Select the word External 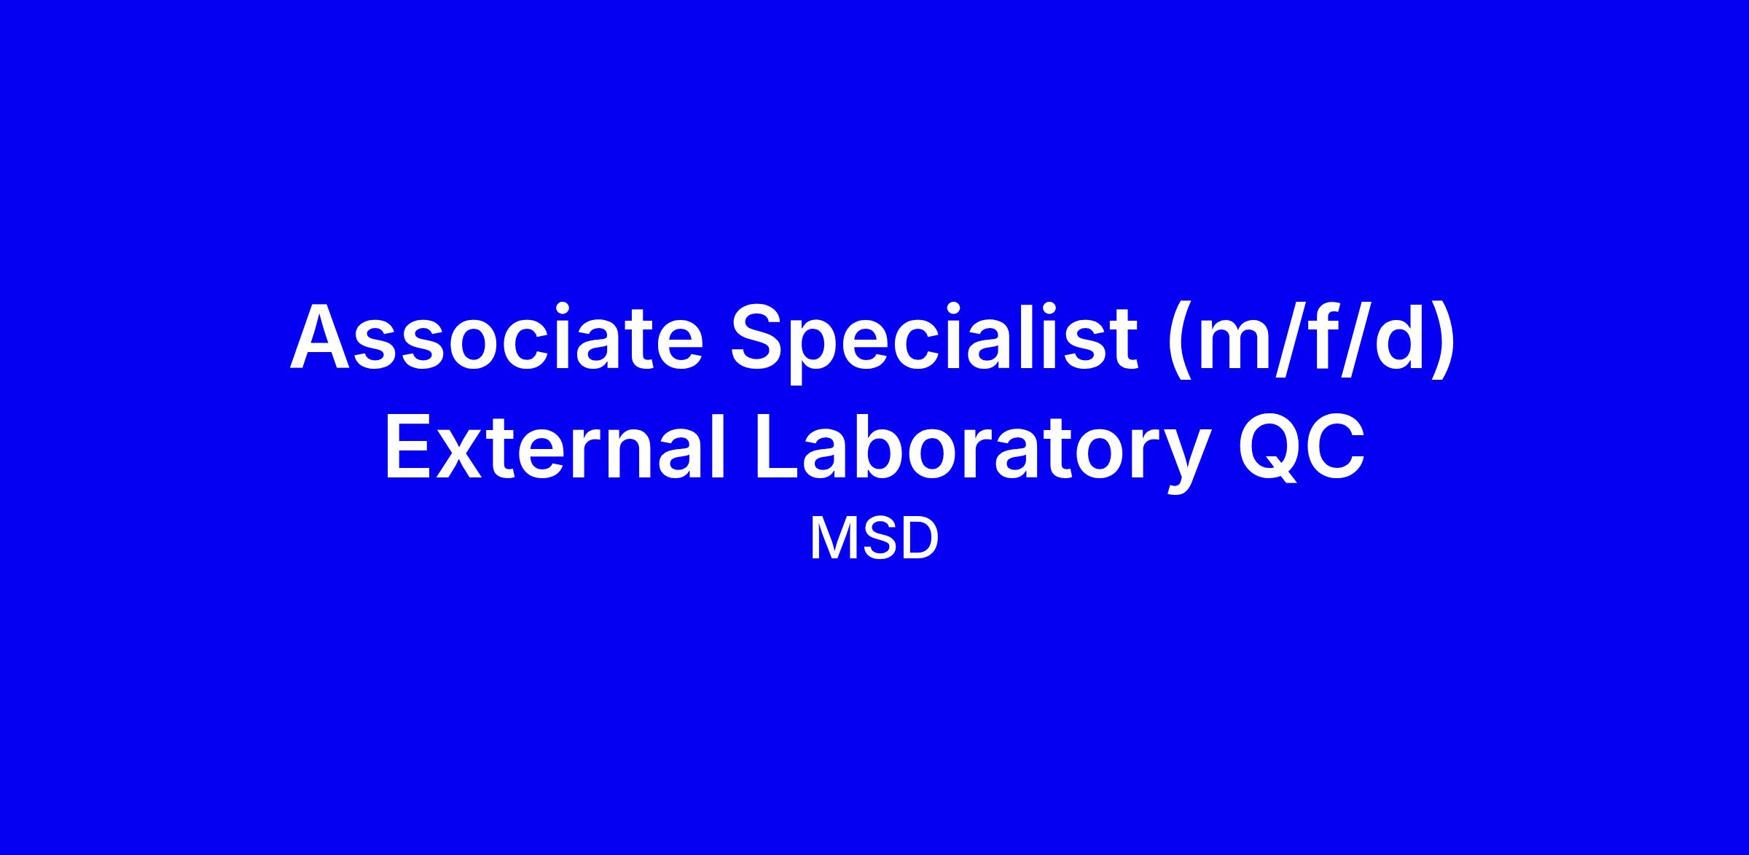click(555, 445)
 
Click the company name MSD click(874, 539)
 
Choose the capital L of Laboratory click(780, 445)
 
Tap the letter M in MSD click(832, 539)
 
